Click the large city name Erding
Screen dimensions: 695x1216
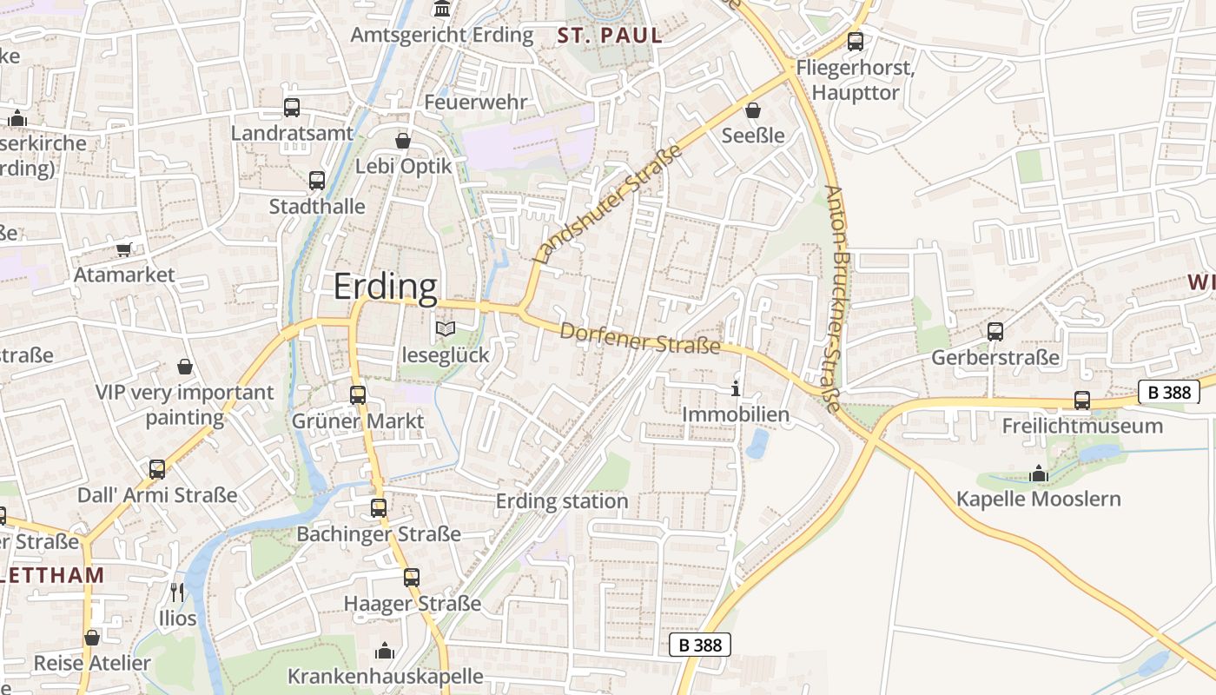click(x=386, y=287)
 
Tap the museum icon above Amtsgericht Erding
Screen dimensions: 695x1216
click(x=442, y=10)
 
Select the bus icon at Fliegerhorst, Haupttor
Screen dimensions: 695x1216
click(x=856, y=41)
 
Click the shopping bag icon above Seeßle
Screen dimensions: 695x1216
click(x=753, y=110)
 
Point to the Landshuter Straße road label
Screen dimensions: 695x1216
click(x=607, y=205)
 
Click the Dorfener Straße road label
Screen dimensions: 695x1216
click(x=640, y=338)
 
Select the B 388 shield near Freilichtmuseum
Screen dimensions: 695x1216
click(x=1168, y=392)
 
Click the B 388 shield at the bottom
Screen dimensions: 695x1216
click(x=700, y=645)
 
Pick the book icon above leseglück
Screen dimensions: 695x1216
click(x=446, y=329)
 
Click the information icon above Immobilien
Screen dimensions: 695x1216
click(x=736, y=388)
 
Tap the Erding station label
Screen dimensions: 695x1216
click(x=561, y=501)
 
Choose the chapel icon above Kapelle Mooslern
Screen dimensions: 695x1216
click(x=1038, y=473)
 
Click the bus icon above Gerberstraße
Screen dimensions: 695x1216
click(x=995, y=331)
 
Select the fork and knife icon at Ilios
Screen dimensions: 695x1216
click(x=177, y=592)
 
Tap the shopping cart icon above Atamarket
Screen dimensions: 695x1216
click(x=124, y=249)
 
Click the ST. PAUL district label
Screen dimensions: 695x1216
click(x=610, y=36)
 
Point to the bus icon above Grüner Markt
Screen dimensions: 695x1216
click(x=358, y=394)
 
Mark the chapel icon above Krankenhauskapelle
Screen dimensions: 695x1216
click(x=385, y=650)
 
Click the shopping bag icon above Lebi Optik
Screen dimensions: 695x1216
click(x=403, y=140)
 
